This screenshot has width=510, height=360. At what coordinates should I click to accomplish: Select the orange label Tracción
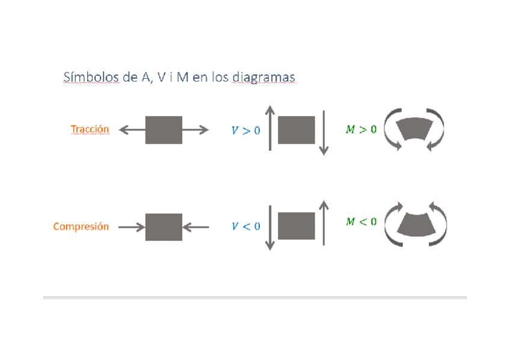[90, 129]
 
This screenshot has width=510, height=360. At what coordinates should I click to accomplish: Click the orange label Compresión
[81, 227]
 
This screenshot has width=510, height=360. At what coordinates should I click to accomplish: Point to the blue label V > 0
[246, 130]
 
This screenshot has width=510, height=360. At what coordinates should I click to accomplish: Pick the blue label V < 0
[246, 227]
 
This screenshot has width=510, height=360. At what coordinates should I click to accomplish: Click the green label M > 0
[361, 129]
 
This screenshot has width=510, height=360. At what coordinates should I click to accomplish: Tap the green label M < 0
[361, 222]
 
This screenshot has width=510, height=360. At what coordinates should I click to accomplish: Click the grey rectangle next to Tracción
[164, 130]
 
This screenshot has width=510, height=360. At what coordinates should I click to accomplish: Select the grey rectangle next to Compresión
[164, 227]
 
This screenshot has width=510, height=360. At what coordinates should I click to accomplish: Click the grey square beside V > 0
[296, 130]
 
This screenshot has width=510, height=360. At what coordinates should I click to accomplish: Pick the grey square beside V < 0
[296, 226]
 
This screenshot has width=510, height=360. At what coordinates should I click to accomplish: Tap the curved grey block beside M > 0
[414, 129]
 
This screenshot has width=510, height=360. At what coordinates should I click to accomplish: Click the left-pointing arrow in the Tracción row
[132, 130]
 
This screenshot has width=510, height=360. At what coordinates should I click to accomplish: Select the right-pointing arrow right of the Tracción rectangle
[195, 130]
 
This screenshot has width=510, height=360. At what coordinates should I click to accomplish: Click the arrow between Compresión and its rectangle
[131, 227]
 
